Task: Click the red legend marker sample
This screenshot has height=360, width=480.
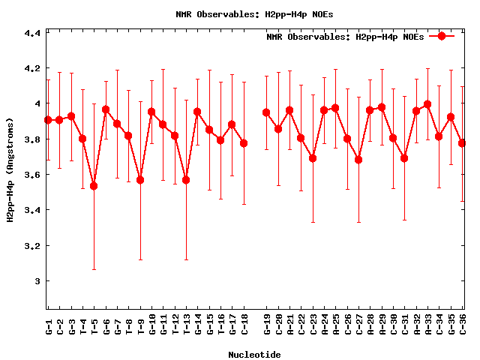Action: (x=442, y=36)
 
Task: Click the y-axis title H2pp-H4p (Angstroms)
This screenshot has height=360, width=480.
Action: (x=10, y=169)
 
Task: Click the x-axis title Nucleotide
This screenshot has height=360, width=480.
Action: (x=255, y=355)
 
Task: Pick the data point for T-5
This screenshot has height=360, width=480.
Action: (x=94, y=185)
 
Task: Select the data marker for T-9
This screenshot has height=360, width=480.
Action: (x=140, y=180)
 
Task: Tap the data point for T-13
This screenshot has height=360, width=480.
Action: (x=186, y=180)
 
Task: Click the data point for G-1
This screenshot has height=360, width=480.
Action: (x=48, y=120)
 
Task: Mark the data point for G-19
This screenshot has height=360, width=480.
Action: (x=266, y=112)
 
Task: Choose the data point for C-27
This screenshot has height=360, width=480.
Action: (x=358, y=160)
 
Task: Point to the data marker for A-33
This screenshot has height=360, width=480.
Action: (x=427, y=104)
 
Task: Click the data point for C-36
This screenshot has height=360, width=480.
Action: (x=462, y=142)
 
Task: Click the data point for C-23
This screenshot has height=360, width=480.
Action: (x=313, y=158)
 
